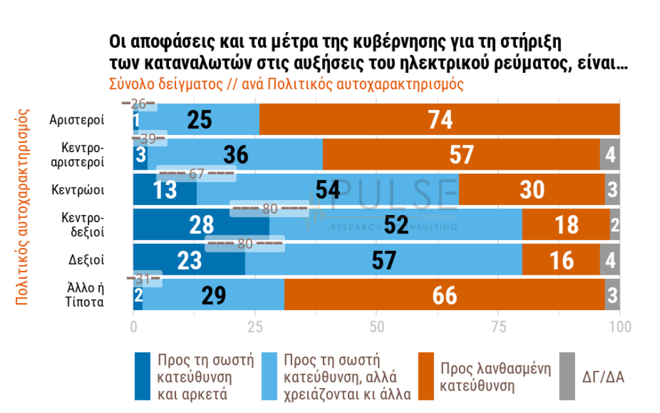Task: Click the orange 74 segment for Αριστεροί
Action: pos(439,120)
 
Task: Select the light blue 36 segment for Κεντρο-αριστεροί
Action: pos(236,155)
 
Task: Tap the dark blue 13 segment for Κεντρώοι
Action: pos(164,189)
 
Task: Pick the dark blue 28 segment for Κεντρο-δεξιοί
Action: pos(201,224)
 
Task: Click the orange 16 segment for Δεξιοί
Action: pos(560,260)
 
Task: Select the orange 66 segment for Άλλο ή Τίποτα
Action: pos(444,294)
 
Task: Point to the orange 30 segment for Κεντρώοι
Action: pos(532,189)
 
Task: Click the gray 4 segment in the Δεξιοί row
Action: pos(610,260)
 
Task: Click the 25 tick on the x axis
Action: pos(255,326)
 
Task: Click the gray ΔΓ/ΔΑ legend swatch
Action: pos(566,376)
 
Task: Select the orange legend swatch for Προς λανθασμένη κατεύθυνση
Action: pos(426,376)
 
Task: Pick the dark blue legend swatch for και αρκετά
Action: pos(143,376)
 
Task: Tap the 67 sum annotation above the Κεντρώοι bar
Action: pos(196,174)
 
